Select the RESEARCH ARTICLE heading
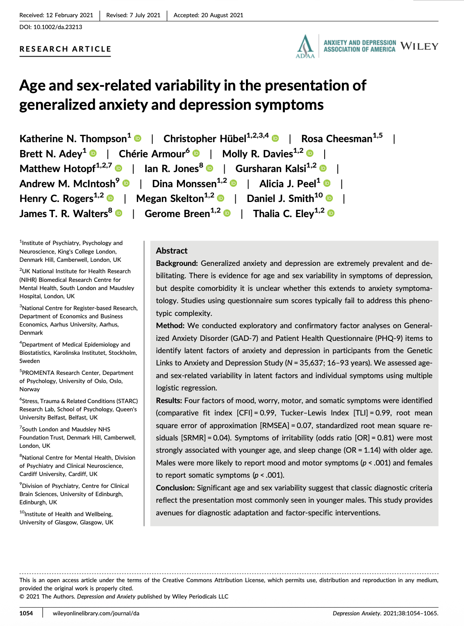tap(66, 49)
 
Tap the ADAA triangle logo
tap(305, 46)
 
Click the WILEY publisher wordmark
tap(419, 46)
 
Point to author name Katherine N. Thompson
tap(73, 139)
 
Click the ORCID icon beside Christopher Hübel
tap(275, 138)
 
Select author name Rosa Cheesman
tap(337, 139)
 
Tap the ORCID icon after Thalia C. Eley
tap(331, 213)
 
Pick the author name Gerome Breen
tap(177, 214)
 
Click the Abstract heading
tap(172, 251)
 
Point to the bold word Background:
tap(177, 263)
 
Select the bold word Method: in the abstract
tap(170, 326)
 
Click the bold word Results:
tap(169, 401)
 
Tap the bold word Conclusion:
tap(175, 488)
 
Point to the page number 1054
tap(26, 613)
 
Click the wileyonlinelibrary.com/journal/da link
tap(96, 613)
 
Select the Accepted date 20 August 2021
tap(222, 15)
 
